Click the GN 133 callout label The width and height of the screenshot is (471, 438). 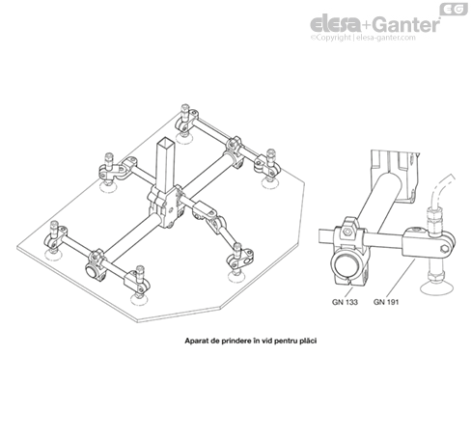(345, 302)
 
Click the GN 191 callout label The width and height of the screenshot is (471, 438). (386, 302)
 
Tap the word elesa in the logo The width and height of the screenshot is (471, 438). (336, 24)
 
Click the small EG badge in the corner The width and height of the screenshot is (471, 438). (454, 10)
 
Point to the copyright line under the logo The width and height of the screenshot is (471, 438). (363, 38)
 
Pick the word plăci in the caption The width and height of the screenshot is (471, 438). (307, 341)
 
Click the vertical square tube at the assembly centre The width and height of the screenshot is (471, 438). (166, 166)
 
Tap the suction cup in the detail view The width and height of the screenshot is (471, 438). (436, 286)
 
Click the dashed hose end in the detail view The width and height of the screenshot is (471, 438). (442, 190)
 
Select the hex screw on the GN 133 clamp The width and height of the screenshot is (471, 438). (346, 233)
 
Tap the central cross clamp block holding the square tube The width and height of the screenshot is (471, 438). (165, 206)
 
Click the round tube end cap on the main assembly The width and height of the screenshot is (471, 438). (91, 270)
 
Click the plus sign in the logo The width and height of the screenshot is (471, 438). (368, 25)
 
